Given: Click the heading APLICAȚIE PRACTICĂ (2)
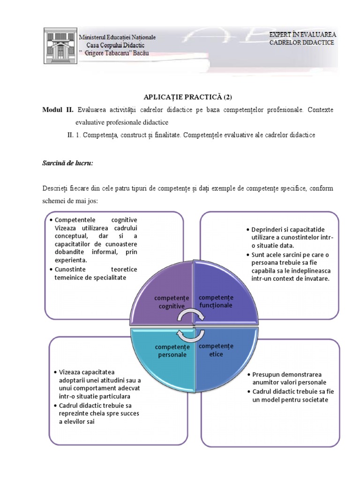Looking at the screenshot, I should coord(194,97).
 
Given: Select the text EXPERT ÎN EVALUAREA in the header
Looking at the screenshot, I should coord(302,34).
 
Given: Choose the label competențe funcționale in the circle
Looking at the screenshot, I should coord(216,301).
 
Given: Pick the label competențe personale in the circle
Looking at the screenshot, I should coord(172,351).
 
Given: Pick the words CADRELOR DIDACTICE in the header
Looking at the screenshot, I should coord(301,43).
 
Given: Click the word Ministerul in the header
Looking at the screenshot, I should coord(94,37).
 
